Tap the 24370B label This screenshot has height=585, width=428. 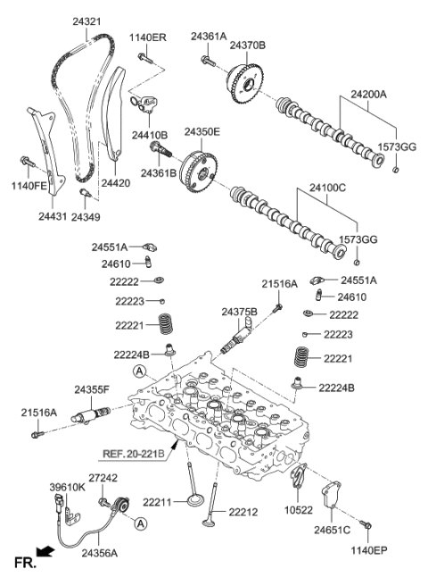[249, 45]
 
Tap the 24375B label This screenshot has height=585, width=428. [239, 311]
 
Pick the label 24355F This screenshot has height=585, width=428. [92, 389]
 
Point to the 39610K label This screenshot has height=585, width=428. [67, 487]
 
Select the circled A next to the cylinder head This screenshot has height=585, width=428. [140, 371]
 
